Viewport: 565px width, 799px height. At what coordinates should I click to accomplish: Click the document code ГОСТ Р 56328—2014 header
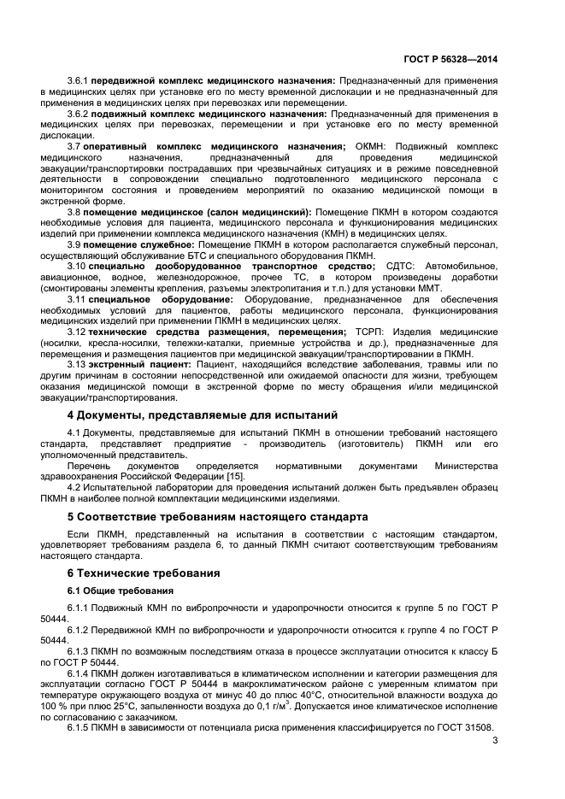(x=450, y=59)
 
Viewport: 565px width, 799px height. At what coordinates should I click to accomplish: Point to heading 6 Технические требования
(x=144, y=573)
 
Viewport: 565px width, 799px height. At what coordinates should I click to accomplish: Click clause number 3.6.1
(x=78, y=79)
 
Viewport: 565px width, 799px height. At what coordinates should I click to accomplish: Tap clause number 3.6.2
(x=78, y=113)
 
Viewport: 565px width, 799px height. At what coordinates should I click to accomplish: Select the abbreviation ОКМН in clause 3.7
(x=369, y=146)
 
